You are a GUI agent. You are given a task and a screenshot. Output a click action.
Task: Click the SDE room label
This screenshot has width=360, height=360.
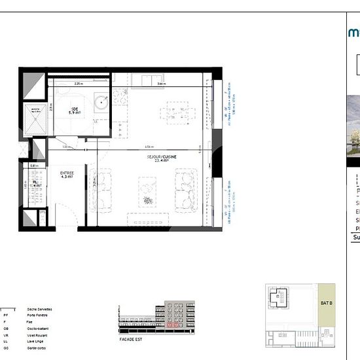pos(75,111)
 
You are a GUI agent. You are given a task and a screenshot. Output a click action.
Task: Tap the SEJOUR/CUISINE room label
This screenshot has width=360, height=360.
pos(158,158)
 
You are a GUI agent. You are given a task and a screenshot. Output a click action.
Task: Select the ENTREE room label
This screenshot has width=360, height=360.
pos(66,175)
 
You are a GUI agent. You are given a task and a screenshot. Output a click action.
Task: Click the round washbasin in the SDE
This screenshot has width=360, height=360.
pos(101,101)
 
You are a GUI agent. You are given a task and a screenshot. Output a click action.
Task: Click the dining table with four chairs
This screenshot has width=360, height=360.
pos(176,111)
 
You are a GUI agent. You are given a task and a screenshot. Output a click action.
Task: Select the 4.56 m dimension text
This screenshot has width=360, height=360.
pos(149,147)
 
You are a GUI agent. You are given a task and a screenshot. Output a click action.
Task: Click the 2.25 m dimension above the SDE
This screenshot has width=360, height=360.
pos(78,84)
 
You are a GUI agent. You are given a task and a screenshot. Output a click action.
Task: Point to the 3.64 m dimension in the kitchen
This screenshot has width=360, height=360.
pos(161,84)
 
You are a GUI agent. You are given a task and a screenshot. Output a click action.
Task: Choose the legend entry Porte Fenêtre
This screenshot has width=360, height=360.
pos(36,315)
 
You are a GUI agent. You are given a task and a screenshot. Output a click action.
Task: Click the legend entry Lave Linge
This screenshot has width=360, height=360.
pos(34,340)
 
